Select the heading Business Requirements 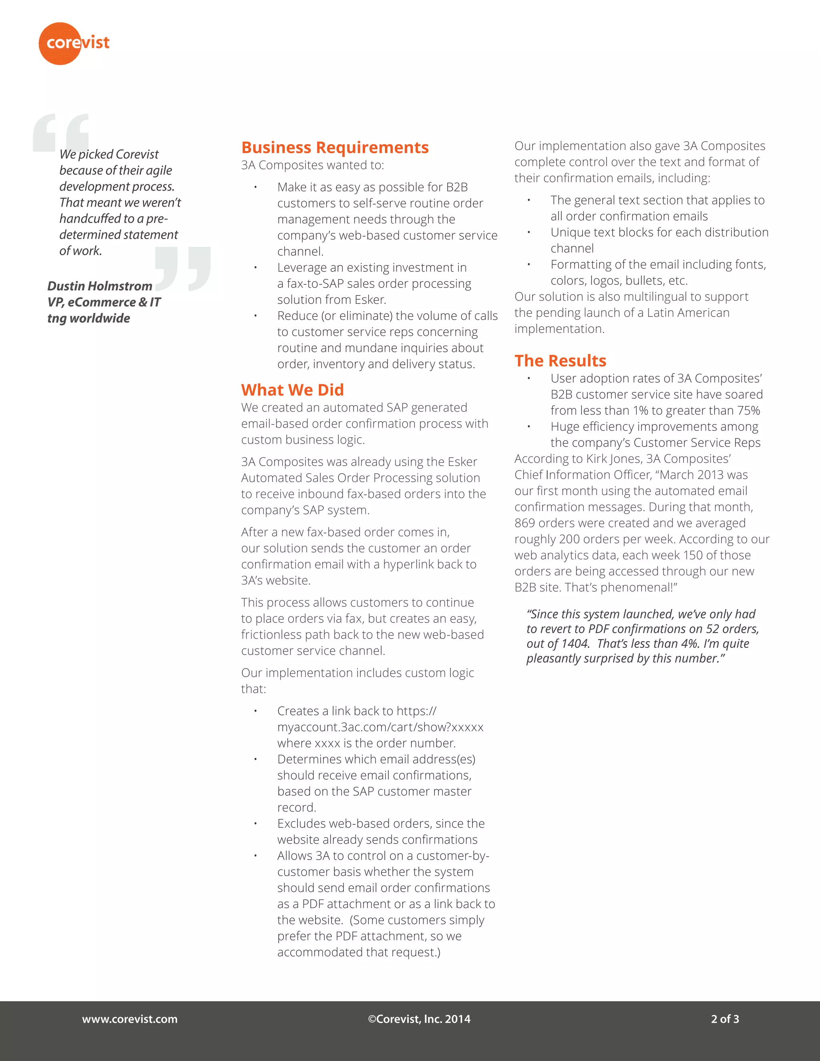pos(335,147)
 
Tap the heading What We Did pos(292,390)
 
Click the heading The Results pos(560,360)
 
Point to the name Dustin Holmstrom pos(100,286)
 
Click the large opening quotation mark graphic pos(61,134)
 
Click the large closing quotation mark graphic pos(183,269)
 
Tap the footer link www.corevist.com pos(130,1019)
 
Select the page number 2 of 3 pos(725,1019)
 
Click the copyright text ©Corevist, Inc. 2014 pos(419,1019)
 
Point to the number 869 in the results pos(525,523)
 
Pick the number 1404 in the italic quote pos(575,644)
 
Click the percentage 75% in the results pos(748,410)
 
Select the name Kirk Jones pos(613,458)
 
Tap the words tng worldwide pos(88,318)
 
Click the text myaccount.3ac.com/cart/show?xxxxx pos(380,727)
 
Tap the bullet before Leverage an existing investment pos(255,268)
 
